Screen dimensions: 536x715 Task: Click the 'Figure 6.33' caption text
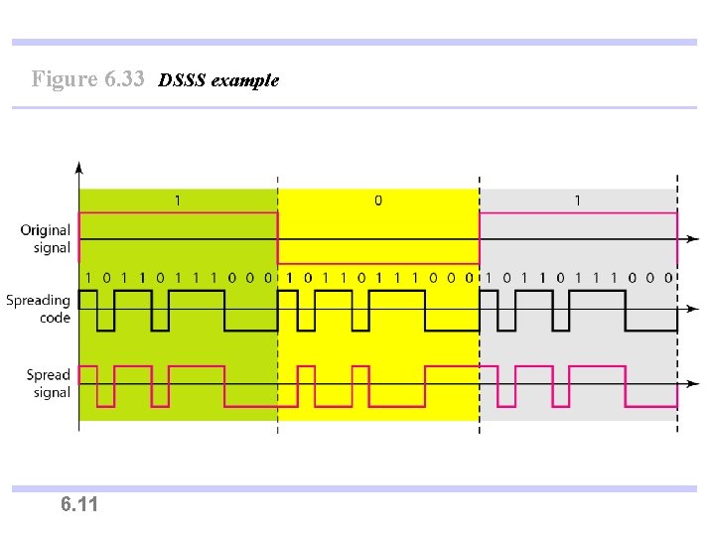(x=88, y=79)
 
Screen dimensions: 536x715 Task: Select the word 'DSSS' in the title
(x=180, y=80)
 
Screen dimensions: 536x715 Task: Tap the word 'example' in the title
(x=243, y=80)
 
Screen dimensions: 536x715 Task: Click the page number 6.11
(x=79, y=505)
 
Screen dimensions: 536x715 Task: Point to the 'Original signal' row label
(x=46, y=239)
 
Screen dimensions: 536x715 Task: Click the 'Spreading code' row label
(x=38, y=309)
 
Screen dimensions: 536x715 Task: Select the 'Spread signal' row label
(x=49, y=383)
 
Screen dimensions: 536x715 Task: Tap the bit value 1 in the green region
(x=178, y=201)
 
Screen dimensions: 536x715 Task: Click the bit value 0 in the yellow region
(x=378, y=201)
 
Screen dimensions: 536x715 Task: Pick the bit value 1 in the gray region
(x=578, y=201)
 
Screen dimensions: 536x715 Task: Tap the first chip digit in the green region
(x=88, y=278)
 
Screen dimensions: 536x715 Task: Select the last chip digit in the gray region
(x=669, y=278)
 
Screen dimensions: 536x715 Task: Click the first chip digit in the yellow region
(x=290, y=278)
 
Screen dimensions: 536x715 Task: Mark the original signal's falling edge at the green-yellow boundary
(x=278, y=239)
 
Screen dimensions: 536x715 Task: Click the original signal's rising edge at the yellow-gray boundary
(x=480, y=239)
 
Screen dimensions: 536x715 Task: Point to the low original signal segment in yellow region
(x=378, y=262)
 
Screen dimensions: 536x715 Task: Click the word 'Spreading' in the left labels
(x=38, y=300)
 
